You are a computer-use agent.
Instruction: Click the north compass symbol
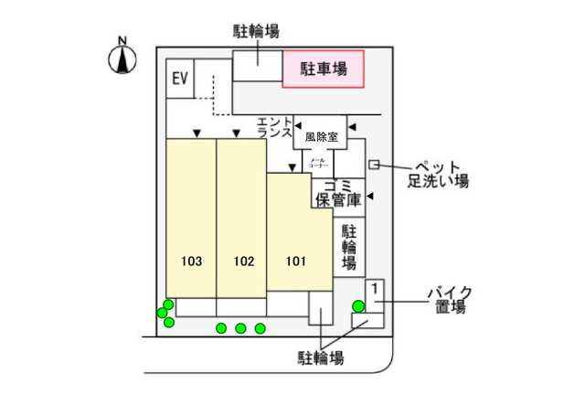122,58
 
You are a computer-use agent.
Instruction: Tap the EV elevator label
179,79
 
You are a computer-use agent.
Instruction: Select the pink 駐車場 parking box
323,69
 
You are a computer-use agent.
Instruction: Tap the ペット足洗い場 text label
438,173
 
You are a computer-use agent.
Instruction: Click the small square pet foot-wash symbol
374,164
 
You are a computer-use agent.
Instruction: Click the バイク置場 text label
447,300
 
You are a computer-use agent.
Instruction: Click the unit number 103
191,262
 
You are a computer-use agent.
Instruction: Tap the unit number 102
243,262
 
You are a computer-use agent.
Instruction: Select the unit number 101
295,262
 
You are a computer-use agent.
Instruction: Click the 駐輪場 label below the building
321,358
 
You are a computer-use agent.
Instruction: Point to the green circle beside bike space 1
358,306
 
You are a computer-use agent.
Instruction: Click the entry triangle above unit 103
197,134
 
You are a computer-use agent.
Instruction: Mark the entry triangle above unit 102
237,134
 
